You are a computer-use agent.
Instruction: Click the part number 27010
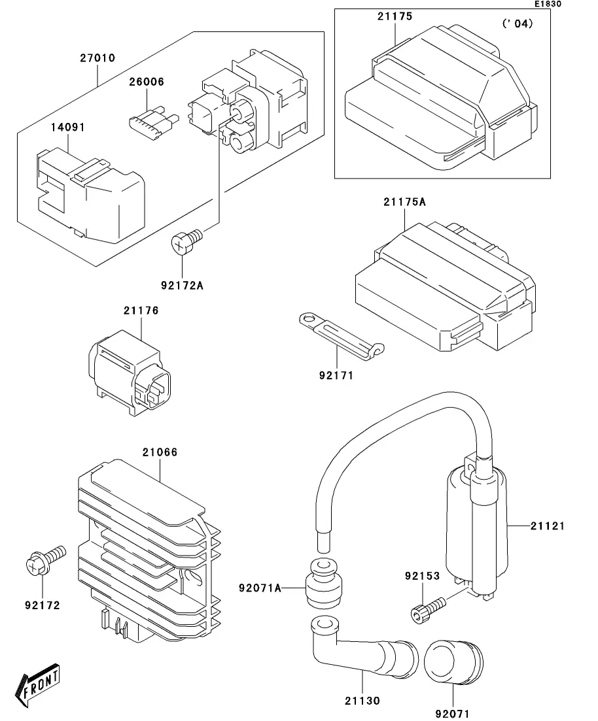pyautogui.click(x=97, y=58)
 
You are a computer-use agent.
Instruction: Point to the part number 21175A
pyautogui.click(x=404, y=203)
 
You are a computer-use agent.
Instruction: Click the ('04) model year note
pyautogui.click(x=517, y=24)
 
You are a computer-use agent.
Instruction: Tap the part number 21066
pyautogui.click(x=160, y=452)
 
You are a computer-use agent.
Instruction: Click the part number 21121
pyautogui.click(x=547, y=526)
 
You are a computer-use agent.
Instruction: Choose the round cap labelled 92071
pyautogui.click(x=452, y=661)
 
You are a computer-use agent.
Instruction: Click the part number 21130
pyautogui.click(x=362, y=701)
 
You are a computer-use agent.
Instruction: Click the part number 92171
pyautogui.click(x=336, y=376)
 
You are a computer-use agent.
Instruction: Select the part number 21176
pyautogui.click(x=141, y=311)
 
